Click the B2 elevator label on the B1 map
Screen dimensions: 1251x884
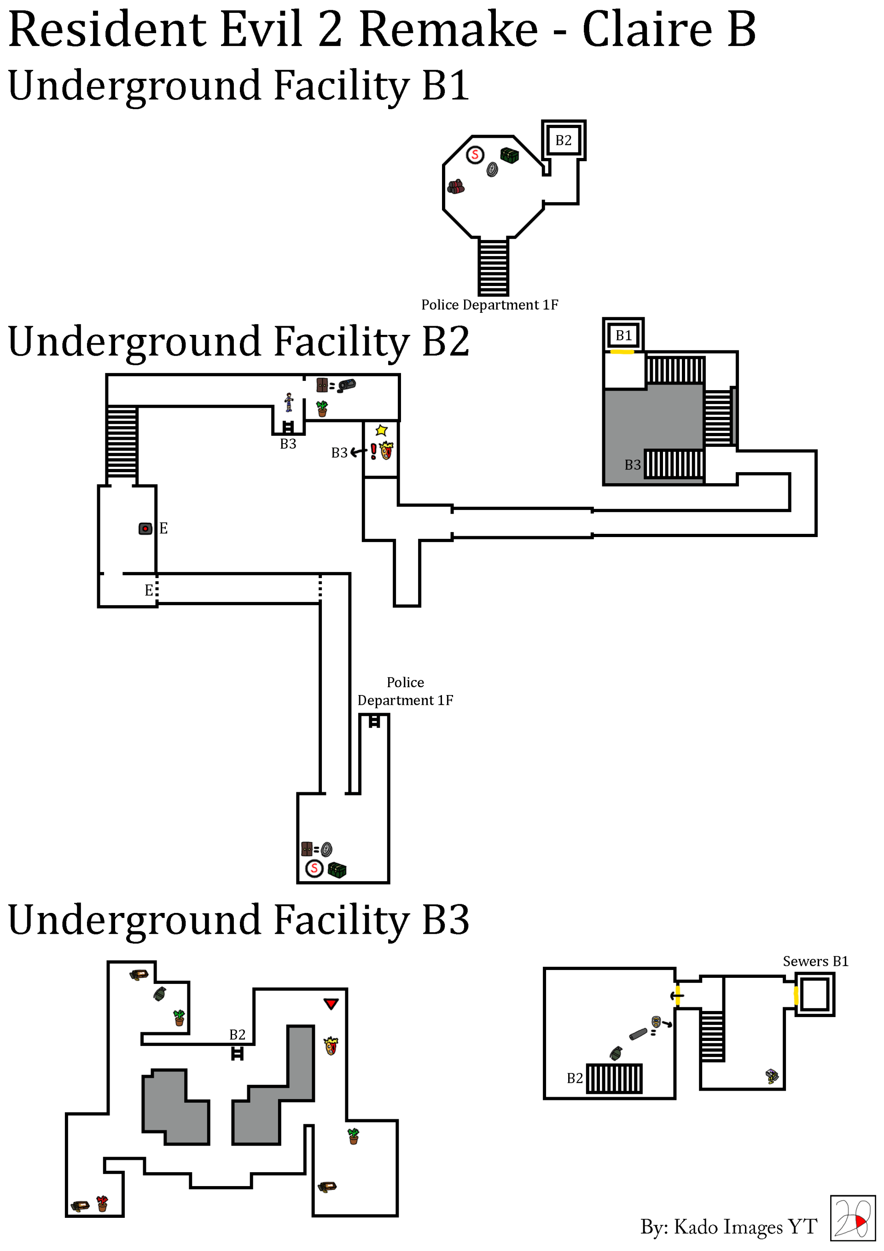[563, 140]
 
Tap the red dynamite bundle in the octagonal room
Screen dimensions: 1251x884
[456, 187]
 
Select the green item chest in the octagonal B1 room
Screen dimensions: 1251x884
[509, 156]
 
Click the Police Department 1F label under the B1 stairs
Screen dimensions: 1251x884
[489, 304]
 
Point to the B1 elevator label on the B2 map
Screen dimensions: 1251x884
[623, 335]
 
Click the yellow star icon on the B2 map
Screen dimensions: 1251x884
[381, 431]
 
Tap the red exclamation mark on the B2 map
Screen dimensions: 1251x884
[373, 451]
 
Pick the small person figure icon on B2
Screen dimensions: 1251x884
[289, 402]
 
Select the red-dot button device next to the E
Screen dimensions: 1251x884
[145, 528]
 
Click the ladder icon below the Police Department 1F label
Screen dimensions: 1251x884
[374, 721]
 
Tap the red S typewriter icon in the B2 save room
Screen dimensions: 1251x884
[314, 868]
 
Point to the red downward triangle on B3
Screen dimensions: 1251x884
[331, 1003]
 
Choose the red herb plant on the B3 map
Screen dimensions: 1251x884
[102, 1203]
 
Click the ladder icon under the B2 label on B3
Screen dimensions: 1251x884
[237, 1054]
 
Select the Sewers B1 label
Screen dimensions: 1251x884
[815, 961]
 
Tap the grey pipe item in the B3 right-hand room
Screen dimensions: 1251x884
[638, 1034]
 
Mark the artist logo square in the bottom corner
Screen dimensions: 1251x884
[852, 1218]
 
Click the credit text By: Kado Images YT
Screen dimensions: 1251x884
[728, 1227]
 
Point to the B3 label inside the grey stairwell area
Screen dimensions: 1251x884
[632, 465]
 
